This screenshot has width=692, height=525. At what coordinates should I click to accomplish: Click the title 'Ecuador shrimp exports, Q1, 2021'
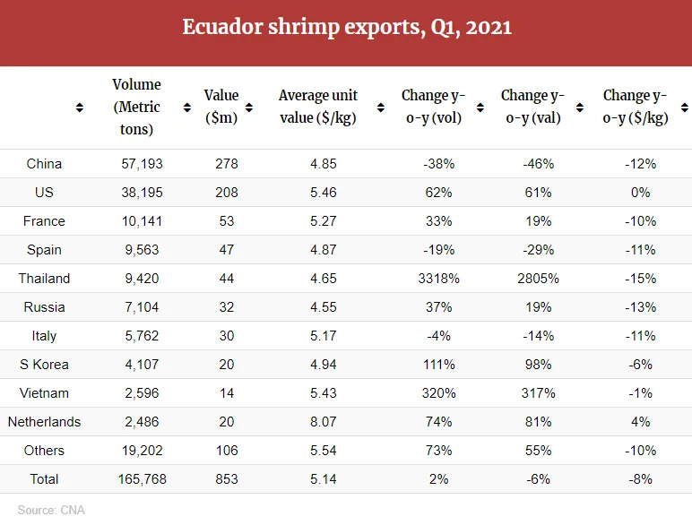(x=346, y=28)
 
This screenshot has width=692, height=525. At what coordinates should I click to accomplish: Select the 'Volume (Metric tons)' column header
(x=136, y=107)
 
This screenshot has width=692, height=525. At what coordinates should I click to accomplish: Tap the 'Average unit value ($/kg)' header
(x=318, y=107)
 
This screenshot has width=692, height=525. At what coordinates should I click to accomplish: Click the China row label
(x=44, y=164)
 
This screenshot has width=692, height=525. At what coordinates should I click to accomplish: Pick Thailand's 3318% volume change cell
(x=438, y=279)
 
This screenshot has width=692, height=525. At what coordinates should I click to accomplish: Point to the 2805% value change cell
(x=538, y=279)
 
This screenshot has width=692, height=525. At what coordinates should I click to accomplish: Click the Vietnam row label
(x=44, y=393)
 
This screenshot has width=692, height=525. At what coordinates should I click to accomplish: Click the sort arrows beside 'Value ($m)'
(x=187, y=108)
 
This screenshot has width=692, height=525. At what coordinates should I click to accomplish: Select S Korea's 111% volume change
(x=438, y=365)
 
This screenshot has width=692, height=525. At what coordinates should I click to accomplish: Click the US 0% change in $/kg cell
(x=640, y=193)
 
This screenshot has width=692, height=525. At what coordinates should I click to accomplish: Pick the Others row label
(x=44, y=451)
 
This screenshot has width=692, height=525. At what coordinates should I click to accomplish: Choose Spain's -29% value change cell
(x=538, y=250)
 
